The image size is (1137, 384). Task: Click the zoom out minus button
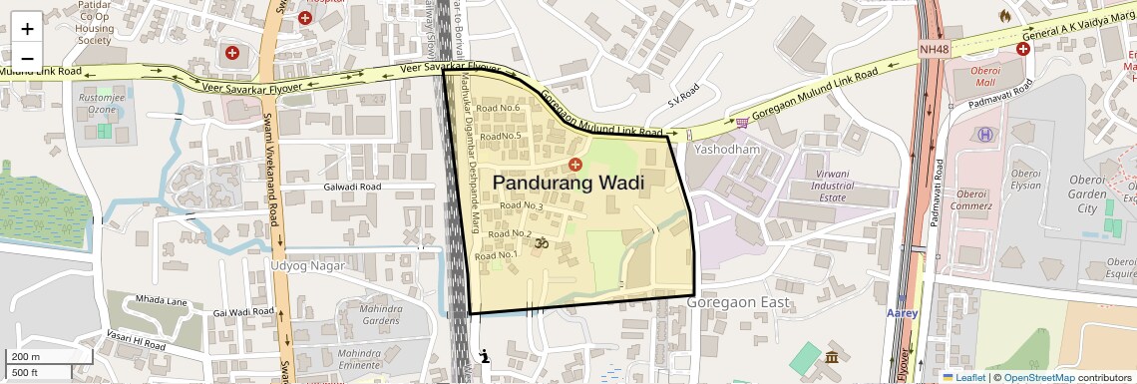[x=27, y=58]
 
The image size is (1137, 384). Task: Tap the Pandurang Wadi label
[x=568, y=184]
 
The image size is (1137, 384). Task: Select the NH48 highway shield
[x=935, y=49]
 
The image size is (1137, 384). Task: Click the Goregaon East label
[x=739, y=302]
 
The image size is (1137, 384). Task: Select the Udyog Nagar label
[x=307, y=266]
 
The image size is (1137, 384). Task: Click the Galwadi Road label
[x=353, y=187]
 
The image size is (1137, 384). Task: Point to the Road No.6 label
[x=499, y=108]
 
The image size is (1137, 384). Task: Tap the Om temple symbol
[x=545, y=242]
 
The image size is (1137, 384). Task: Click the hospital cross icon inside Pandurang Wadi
[x=574, y=164]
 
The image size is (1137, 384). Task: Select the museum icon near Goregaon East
[x=831, y=357]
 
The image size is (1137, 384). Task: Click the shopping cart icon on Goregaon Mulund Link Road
[x=742, y=123]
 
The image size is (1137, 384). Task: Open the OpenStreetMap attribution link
[x=1038, y=377]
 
